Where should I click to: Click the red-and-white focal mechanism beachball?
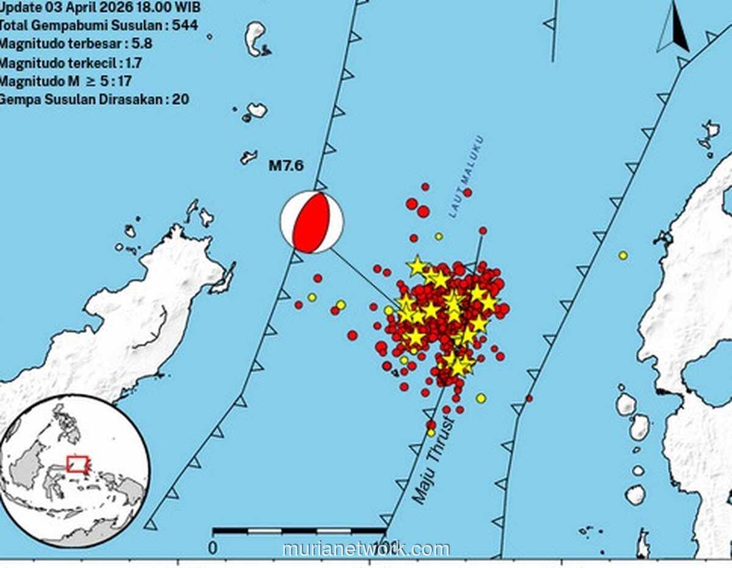pyautogui.click(x=312, y=222)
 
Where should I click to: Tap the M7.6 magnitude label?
pyautogui.click(x=286, y=166)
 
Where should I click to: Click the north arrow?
pyautogui.click(x=674, y=29)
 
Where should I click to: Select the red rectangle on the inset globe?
pyautogui.click(x=77, y=464)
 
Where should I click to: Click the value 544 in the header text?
pyautogui.click(x=184, y=26)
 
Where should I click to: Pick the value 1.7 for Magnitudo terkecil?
pyautogui.click(x=135, y=62)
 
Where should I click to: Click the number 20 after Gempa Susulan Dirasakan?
pyautogui.click(x=180, y=99)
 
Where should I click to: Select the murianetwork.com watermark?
pyautogui.click(x=366, y=549)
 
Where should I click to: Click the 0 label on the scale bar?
pyautogui.click(x=212, y=547)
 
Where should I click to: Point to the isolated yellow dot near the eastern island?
pyautogui.click(x=623, y=255)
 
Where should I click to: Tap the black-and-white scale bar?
pyautogui.click(x=300, y=531)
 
